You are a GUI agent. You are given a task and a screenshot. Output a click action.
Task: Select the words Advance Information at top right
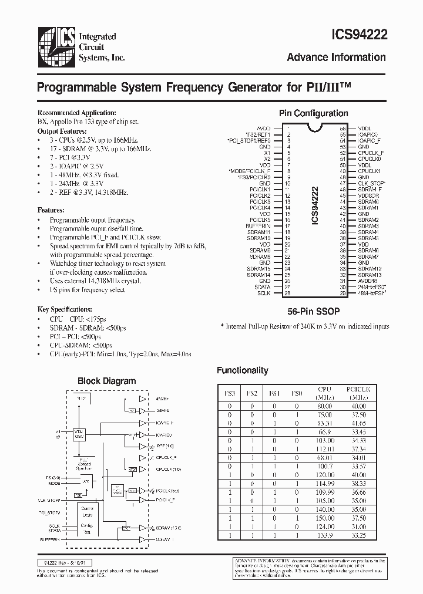coord(336,58)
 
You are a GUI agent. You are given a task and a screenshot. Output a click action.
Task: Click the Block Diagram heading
coord(106,381)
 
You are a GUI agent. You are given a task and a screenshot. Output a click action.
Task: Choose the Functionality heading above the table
coord(242,370)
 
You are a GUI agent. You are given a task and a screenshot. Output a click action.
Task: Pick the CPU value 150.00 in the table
coord(325,519)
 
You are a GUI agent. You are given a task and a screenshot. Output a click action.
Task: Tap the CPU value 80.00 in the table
coord(325,406)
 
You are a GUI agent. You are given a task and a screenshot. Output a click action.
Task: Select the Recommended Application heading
coord(76,113)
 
